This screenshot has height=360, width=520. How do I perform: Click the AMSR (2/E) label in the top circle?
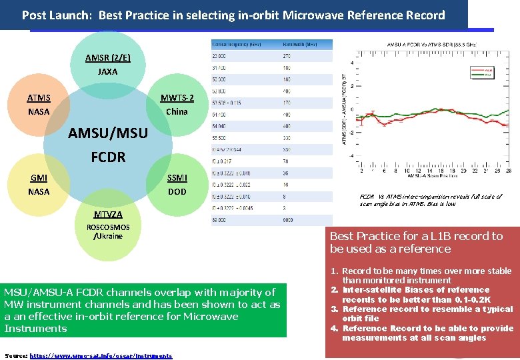107,57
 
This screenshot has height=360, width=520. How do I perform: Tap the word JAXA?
107,71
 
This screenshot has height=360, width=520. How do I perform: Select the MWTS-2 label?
177,98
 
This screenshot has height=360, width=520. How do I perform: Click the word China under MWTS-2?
177,111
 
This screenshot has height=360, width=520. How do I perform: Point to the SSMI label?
177,178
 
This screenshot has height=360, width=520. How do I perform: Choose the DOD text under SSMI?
177,191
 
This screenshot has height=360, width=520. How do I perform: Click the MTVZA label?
107,215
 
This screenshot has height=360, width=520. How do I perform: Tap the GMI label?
38,178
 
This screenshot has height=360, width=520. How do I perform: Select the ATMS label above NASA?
38,98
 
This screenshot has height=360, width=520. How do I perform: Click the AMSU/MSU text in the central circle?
108,133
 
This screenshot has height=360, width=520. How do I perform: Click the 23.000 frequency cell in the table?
219,56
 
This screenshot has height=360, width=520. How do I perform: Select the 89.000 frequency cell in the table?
219,219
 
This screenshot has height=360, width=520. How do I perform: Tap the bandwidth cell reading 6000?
287,219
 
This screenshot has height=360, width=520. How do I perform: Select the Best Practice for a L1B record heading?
416,242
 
